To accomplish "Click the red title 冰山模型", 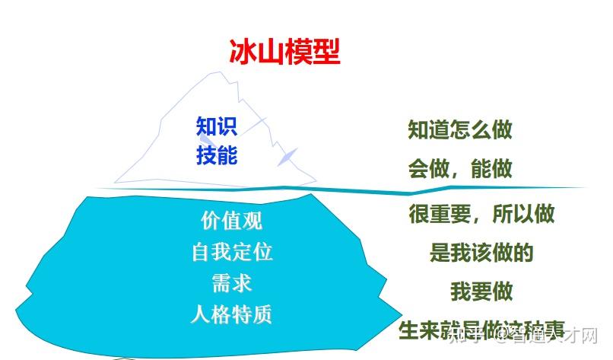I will pyautogui.click(x=284, y=52).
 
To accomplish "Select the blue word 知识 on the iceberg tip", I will pyautogui.click(x=217, y=126).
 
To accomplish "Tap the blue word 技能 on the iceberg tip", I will pyautogui.click(x=217, y=155).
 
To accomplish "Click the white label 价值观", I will pyautogui.click(x=232, y=221).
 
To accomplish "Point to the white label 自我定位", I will pyautogui.click(x=232, y=252).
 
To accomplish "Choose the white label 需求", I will pyautogui.click(x=232, y=283).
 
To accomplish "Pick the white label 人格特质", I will pyautogui.click(x=232, y=314).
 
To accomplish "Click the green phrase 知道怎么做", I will pyautogui.click(x=459, y=129).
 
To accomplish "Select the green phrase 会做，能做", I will pyautogui.click(x=459, y=168).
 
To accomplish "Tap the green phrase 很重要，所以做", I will pyautogui.click(x=481, y=214).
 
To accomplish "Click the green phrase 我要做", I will pyautogui.click(x=481, y=292).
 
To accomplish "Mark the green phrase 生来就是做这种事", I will pyautogui.click(x=481, y=330).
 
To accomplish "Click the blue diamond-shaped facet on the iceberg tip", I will pyautogui.click(x=287, y=155).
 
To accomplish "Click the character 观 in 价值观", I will pyautogui.click(x=253, y=221).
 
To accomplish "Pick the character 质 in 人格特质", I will pyautogui.click(x=262, y=314).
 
